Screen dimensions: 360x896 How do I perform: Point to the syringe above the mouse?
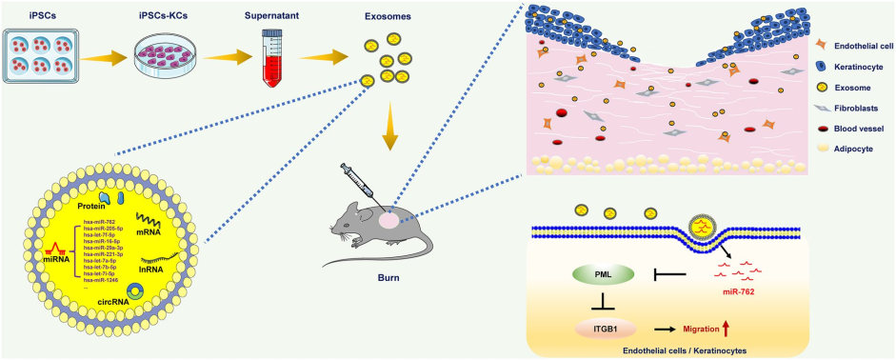(x=364, y=180)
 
